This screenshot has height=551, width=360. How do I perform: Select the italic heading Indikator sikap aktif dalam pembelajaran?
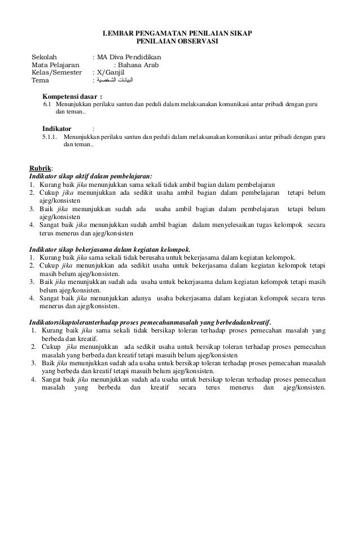pyautogui.click(x=91, y=175)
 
